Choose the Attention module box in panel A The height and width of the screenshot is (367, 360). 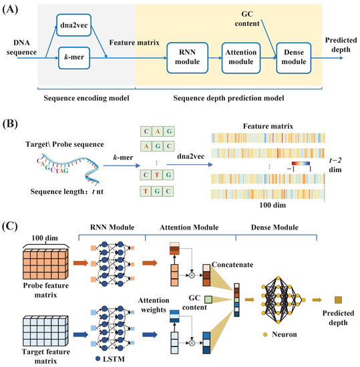click(240, 59)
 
